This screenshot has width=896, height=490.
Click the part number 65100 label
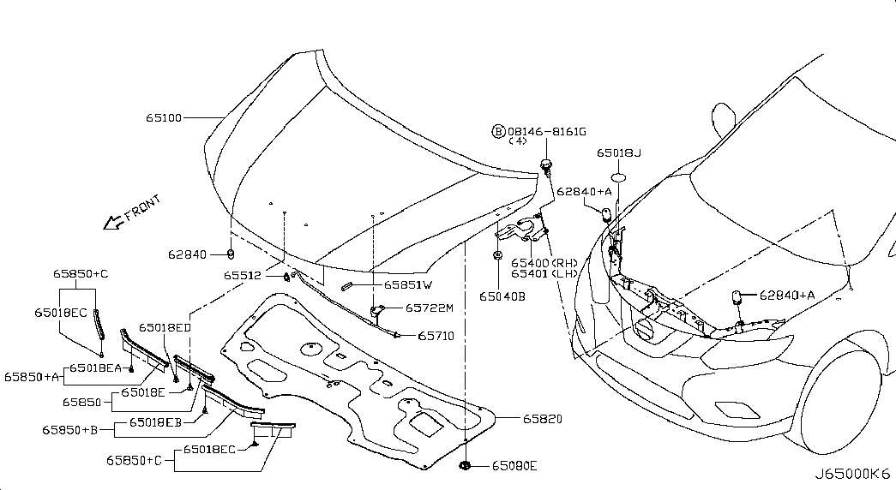164,117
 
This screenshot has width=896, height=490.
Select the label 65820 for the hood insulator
542,419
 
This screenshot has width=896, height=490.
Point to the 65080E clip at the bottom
465,466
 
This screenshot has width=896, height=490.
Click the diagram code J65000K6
852,474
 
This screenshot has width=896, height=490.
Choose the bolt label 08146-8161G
547,132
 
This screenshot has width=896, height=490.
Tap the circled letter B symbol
498,132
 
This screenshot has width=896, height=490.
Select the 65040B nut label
502,296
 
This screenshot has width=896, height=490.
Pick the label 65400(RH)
544,263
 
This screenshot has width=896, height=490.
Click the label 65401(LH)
544,273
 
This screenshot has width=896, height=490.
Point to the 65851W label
408,284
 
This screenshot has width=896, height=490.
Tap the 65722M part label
430,308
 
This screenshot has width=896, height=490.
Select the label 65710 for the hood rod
436,336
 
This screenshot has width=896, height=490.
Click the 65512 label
243,275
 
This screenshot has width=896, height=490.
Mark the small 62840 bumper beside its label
231,254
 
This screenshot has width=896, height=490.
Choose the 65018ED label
165,328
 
